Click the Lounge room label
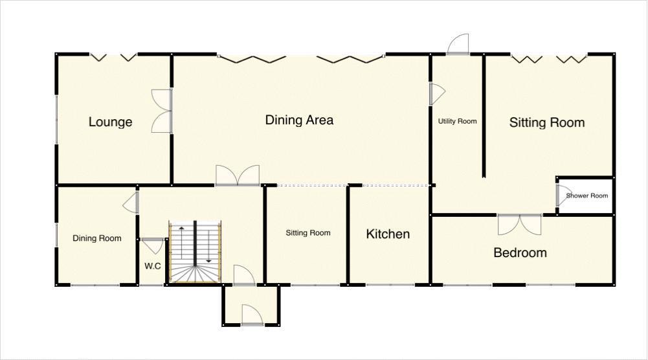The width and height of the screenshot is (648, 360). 110,122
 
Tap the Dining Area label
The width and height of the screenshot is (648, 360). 299,120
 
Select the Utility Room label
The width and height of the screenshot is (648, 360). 457,121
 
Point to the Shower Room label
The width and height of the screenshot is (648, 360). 587,196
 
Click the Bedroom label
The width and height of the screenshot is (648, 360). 520,253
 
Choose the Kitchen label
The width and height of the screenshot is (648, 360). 388,234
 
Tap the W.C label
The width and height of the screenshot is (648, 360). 152,265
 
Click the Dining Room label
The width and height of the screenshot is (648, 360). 96,238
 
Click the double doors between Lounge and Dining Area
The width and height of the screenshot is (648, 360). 162,111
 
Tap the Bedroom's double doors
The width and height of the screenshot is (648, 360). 519,224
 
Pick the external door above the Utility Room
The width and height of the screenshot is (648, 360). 457,45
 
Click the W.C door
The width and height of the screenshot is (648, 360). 153,245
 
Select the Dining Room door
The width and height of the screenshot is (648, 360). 131,202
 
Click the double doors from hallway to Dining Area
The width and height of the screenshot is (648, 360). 238,176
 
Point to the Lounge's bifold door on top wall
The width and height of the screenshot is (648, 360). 113,57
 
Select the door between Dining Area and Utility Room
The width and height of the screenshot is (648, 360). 437,94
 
